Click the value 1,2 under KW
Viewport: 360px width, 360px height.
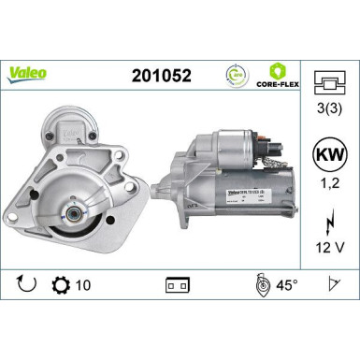tap(326, 186)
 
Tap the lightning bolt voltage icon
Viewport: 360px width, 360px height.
tap(326, 223)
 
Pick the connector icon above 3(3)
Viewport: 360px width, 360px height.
tap(326, 83)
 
